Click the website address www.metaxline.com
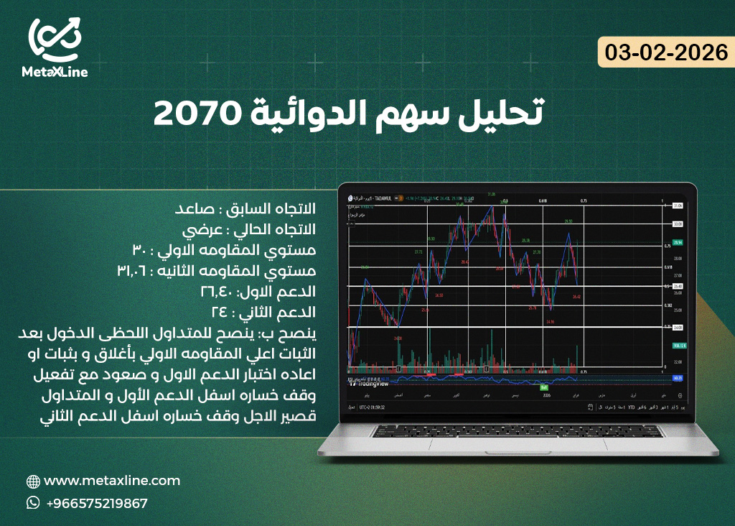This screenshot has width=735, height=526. pyautogui.click(x=112, y=481)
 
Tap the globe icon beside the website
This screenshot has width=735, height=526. pyautogui.click(x=33, y=481)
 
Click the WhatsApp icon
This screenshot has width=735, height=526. pyautogui.click(x=33, y=503)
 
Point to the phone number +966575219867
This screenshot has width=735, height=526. pyautogui.click(x=96, y=503)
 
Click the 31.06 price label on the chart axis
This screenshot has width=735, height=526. pyautogui.click(x=676, y=206)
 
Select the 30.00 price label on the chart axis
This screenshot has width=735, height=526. pyautogui.click(x=676, y=224)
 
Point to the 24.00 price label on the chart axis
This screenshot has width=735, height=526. pyautogui.click(x=676, y=328)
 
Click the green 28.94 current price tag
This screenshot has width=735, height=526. pyautogui.click(x=676, y=243)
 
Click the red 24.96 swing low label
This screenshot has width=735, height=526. pyautogui.click(x=550, y=321)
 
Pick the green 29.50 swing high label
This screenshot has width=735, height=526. pyautogui.click(x=568, y=221)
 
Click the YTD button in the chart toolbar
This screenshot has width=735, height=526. pyautogui.click(x=632, y=407)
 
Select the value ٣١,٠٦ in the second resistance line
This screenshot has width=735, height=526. pyautogui.click(x=136, y=272)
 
